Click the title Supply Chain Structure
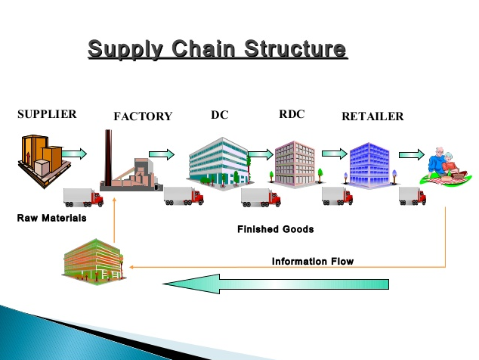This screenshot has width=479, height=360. pyautogui.click(x=218, y=50)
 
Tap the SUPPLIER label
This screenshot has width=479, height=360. pyautogui.click(x=47, y=114)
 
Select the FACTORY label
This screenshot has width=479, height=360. pyautogui.click(x=143, y=116)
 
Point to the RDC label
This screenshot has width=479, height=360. pyautogui.click(x=291, y=114)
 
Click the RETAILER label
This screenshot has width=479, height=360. pyautogui.click(x=372, y=116)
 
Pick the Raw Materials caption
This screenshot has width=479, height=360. pyautogui.click(x=51, y=218)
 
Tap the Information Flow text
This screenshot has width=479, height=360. pyautogui.click(x=313, y=262)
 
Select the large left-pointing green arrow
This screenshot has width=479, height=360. pyautogui.click(x=276, y=284)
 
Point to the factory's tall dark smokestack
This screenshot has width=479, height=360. pyautogui.click(x=109, y=155)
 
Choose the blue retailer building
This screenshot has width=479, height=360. pyautogui.click(x=369, y=163)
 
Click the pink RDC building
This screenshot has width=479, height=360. pyautogui.click(x=295, y=163)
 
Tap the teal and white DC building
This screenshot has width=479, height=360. pyautogui.click(x=218, y=160)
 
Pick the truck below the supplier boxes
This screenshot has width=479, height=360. pyautogui.click(x=84, y=197)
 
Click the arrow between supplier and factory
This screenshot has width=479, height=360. pyautogui.click(x=73, y=154)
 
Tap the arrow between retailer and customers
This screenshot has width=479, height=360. pyautogui.click(x=411, y=154)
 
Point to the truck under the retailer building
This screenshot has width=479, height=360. pyautogui.click(x=337, y=196)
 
